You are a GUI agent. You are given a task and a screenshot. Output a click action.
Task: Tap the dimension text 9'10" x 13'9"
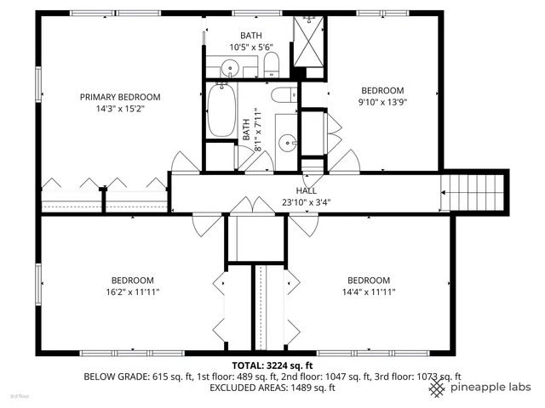coord(383,102)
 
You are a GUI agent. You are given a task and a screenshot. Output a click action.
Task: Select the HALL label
coord(307,190)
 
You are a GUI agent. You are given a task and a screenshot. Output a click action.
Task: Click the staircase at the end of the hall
coord(473,191)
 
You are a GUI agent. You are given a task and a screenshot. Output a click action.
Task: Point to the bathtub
coord(221,110)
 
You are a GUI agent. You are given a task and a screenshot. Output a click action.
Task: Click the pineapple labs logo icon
coord(438,388)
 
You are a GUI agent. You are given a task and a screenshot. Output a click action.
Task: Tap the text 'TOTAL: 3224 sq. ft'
coord(272,365)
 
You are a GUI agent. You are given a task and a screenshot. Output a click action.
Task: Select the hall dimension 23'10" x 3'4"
coord(307,202)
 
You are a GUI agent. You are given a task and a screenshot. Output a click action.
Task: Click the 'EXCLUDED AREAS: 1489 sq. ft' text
coord(272,388)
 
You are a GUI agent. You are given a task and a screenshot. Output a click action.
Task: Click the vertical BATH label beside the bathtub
coord(247,129)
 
